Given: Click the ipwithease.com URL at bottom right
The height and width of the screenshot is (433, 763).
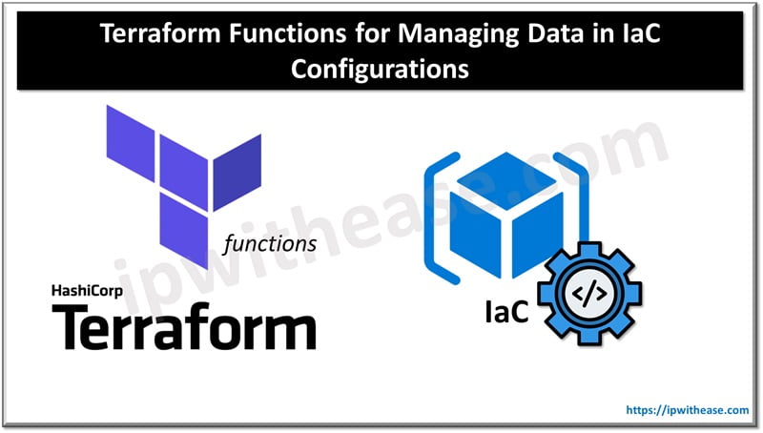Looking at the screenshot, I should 688,410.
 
